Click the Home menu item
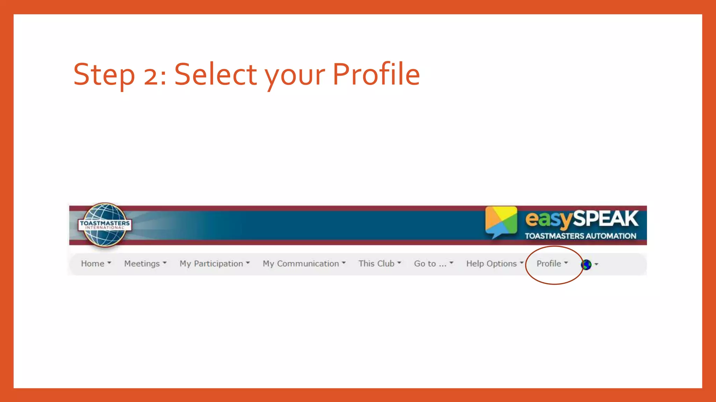[95, 264]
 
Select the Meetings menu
[145, 264]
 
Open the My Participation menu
[214, 264]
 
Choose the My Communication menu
[304, 264]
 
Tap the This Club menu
[379, 264]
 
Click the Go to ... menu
[433, 264]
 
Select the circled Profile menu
[552, 264]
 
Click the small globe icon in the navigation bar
[586, 265]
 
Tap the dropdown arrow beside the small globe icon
[596, 265]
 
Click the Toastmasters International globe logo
[105, 225]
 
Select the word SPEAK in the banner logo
[606, 219]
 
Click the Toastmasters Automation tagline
[580, 236]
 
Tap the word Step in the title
[104, 75]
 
